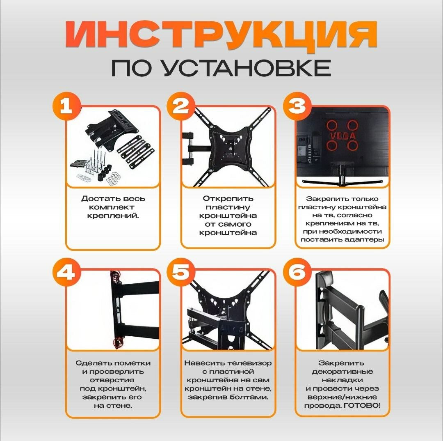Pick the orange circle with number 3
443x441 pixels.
coord(297,106)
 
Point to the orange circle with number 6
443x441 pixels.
coord(297,272)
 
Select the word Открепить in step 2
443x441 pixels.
coord(228,199)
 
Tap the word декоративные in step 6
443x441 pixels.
coord(342,372)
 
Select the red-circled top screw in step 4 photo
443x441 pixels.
coord(115,276)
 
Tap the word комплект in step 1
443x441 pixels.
coord(112,207)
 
